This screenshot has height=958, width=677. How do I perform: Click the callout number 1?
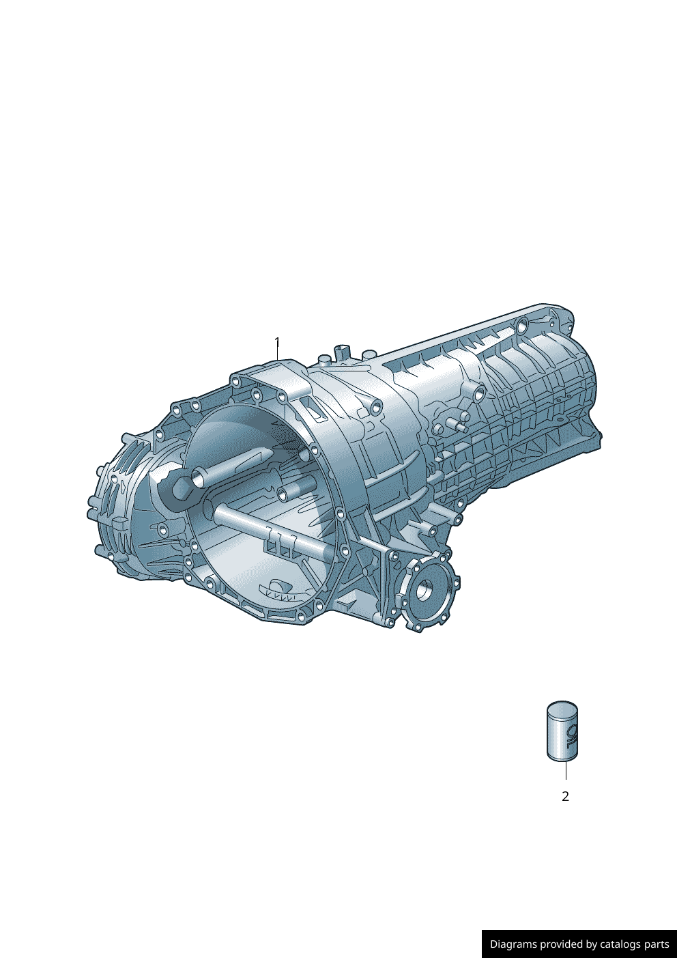pyautogui.click(x=277, y=341)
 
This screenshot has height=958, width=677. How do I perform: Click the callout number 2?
pyautogui.click(x=565, y=796)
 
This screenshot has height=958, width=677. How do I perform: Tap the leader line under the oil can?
pyautogui.click(x=565, y=771)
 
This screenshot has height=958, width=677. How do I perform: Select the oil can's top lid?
pyautogui.click(x=562, y=707)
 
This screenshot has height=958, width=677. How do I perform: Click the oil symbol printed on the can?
pyautogui.click(x=571, y=736)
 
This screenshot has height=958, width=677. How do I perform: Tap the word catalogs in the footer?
pyautogui.click(x=621, y=944)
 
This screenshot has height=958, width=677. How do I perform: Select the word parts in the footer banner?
pyautogui.click(x=657, y=944)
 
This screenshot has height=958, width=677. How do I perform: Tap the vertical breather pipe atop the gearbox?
pyautogui.click(x=341, y=353)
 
